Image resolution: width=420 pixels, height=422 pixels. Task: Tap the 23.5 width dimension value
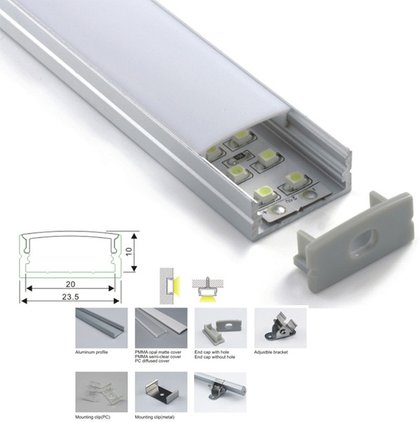tap(70, 297)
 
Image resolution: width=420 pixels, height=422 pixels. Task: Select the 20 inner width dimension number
tap(70, 284)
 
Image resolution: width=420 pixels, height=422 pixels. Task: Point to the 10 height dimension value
tap(129, 251)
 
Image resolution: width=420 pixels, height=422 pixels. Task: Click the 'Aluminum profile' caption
tap(91, 352)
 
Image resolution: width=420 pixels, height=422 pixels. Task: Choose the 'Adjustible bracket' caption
tap(271, 352)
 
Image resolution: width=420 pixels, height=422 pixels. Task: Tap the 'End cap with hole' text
tap(211, 352)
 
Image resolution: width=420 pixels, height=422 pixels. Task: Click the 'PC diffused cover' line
tap(152, 361)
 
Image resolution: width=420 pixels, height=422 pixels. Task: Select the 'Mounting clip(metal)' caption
tap(155, 417)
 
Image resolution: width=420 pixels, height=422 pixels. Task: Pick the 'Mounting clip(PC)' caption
tap(93, 417)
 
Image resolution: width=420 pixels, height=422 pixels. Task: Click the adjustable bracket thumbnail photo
tap(280, 328)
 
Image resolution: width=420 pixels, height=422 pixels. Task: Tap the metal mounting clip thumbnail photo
tap(161, 392)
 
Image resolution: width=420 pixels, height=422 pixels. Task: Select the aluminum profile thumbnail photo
tap(101, 328)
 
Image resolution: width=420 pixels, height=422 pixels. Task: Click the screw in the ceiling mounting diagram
tap(207, 282)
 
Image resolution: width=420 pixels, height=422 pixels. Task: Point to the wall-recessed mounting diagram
tap(170, 286)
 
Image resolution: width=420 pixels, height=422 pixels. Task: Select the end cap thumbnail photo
tap(221, 328)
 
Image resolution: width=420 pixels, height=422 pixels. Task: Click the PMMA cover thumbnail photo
tap(161, 328)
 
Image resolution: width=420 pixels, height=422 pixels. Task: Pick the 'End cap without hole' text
tap(215, 357)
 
